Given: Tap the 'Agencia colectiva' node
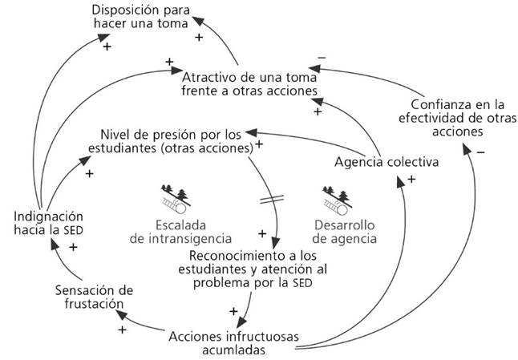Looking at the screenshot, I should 386,162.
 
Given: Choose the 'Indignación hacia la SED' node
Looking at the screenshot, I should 49,223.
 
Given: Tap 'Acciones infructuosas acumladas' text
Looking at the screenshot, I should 229,341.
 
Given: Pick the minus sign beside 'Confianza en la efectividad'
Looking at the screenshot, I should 480,152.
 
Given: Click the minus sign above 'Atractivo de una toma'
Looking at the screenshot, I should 322,57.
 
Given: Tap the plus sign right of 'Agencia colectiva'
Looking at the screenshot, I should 411,180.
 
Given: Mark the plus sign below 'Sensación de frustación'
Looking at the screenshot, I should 123,329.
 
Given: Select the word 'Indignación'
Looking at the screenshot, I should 49,216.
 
